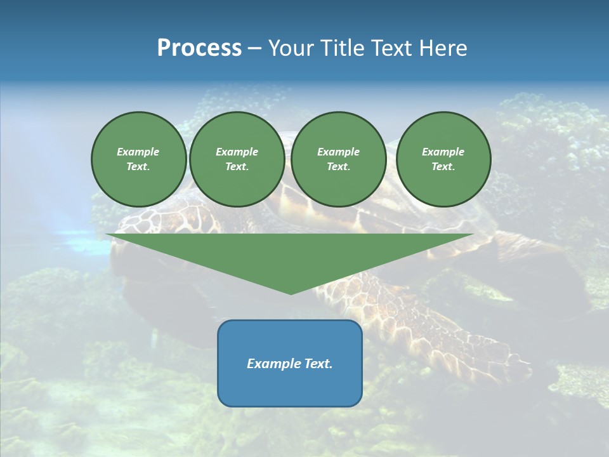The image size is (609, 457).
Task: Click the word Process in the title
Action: click(199, 48)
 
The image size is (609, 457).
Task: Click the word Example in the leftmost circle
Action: click(138, 152)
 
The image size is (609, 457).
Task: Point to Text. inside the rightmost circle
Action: click(443, 167)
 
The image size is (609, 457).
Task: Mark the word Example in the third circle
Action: click(338, 152)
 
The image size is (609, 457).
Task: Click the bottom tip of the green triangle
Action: click(291, 293)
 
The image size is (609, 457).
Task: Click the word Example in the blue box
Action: click(272, 364)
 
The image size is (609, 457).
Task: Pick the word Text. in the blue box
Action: click(317, 364)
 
